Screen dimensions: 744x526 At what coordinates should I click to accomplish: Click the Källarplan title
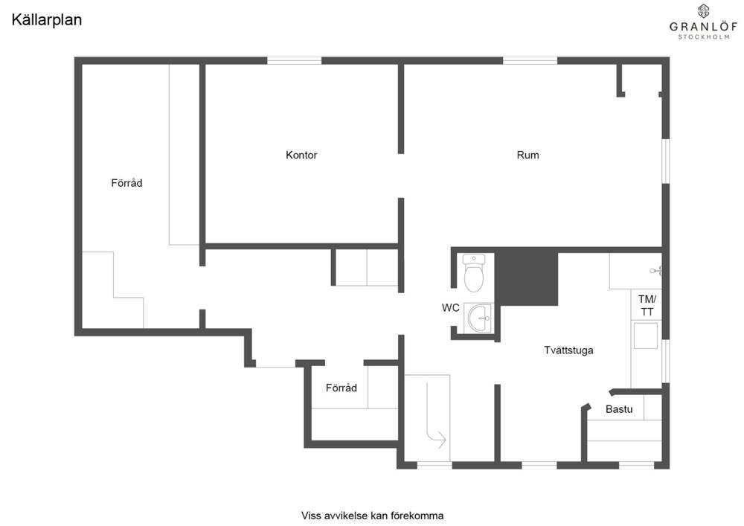click(46, 20)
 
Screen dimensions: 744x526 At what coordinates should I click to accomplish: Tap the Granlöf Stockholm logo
click(703, 22)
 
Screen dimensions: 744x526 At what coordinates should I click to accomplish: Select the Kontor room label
click(301, 155)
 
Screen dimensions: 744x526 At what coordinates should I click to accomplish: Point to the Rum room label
click(527, 155)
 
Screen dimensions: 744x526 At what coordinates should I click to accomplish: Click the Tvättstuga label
click(568, 350)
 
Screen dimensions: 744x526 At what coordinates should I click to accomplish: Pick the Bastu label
click(619, 409)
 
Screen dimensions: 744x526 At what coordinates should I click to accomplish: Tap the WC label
click(450, 308)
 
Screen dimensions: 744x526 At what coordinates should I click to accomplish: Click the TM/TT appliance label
click(647, 306)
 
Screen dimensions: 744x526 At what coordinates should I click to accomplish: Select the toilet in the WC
click(473, 273)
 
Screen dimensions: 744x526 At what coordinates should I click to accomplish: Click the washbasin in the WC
click(480, 318)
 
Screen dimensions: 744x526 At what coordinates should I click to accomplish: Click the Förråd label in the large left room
click(126, 183)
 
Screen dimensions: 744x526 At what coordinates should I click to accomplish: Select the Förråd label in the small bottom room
click(341, 388)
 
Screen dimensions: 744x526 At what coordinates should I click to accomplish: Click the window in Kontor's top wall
click(294, 60)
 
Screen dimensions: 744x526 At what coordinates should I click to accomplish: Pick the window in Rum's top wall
click(530, 60)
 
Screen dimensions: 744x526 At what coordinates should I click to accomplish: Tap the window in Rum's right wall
click(666, 161)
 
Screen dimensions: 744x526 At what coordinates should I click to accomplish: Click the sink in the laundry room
click(645, 336)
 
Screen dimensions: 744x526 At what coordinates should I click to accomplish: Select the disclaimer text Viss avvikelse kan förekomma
click(373, 516)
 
